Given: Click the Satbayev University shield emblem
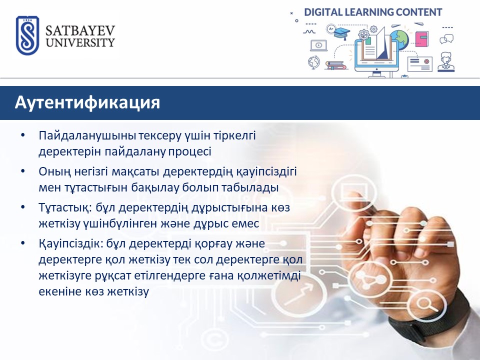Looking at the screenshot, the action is (x=27, y=35).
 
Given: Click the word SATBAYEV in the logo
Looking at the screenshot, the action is (x=80, y=31).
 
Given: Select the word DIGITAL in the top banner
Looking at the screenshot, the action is (x=323, y=12).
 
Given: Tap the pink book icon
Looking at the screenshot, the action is (x=421, y=39).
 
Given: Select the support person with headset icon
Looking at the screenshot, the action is (x=445, y=62).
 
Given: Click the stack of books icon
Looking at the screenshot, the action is (x=335, y=65).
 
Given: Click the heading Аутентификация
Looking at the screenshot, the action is (x=87, y=102).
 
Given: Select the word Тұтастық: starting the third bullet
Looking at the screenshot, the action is (x=65, y=208).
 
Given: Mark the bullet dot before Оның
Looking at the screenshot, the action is (x=23, y=171).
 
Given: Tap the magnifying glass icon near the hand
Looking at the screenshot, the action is (x=424, y=304).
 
